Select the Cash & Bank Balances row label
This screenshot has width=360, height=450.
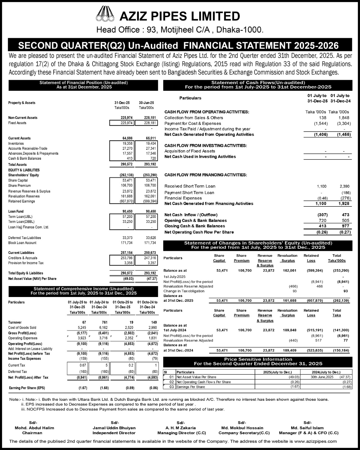(25, 159)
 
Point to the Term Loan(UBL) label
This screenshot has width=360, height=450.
(20, 217)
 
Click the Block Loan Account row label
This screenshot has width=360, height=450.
(22, 243)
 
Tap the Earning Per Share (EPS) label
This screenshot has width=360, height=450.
(27, 388)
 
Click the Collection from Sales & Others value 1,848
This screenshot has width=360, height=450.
(344, 118)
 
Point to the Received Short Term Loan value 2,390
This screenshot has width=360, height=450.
(344, 186)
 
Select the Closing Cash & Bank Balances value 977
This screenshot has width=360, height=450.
(345, 226)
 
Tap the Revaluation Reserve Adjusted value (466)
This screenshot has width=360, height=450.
(293, 286)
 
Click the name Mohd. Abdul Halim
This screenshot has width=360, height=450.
(34, 428)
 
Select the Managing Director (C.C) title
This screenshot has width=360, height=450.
(182, 433)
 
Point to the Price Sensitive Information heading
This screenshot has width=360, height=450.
(258, 359)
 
